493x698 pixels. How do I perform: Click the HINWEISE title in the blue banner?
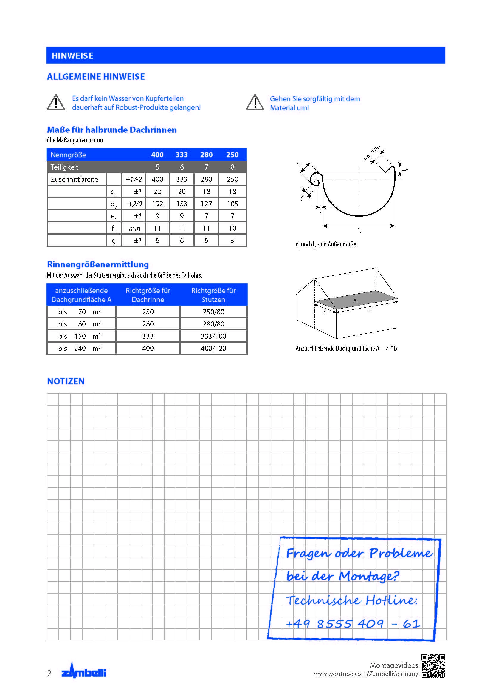72,56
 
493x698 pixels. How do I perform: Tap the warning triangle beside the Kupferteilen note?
56,102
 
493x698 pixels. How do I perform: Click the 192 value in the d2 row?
157,204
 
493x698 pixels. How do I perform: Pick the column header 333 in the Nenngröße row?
182,155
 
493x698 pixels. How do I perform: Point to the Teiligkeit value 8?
232,167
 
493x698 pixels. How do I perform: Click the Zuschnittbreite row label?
75,179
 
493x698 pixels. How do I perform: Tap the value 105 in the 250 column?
232,204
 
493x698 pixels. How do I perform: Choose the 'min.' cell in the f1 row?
135,228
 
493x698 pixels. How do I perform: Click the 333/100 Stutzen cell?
213,336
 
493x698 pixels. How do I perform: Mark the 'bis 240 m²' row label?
80,348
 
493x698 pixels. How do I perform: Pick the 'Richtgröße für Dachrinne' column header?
148,295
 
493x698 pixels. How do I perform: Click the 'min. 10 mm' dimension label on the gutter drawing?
372,153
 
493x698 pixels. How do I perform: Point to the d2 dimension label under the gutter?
359,230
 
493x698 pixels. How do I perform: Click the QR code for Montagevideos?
433,666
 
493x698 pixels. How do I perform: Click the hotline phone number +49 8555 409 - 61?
353,624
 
